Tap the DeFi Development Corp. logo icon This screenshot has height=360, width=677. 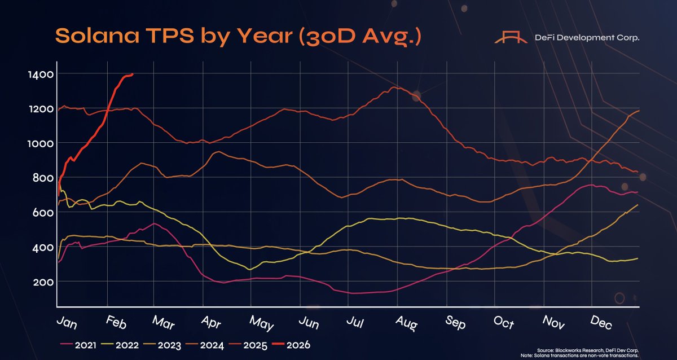click(x=509, y=37)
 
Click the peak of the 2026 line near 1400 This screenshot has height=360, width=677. click(x=131, y=74)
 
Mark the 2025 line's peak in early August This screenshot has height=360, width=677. click(x=396, y=87)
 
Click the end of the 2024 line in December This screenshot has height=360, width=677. click(x=638, y=111)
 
